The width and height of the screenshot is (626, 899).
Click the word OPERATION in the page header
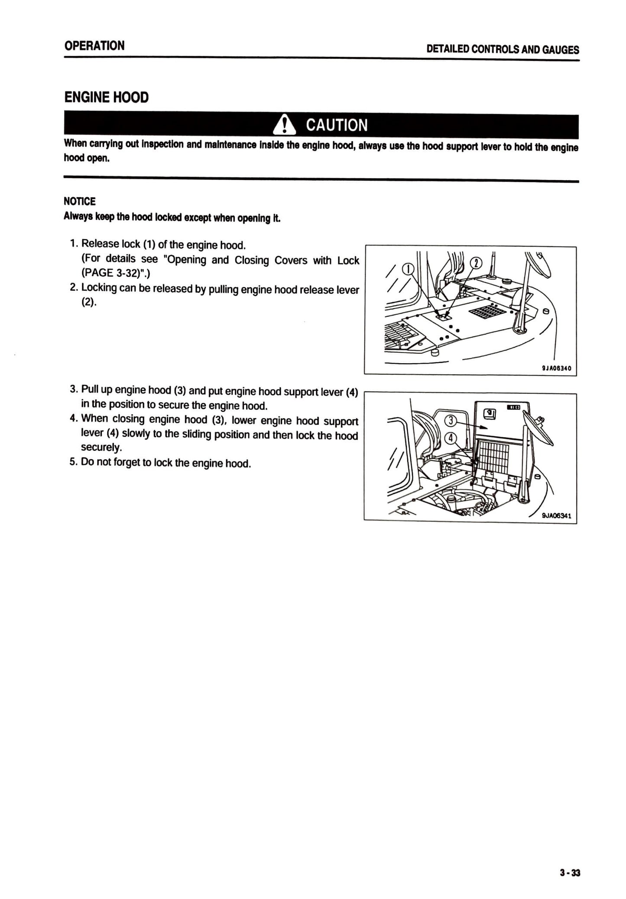pos(94,45)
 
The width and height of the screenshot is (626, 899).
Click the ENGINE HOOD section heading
pos(107,97)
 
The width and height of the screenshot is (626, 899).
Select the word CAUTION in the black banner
pos(337,126)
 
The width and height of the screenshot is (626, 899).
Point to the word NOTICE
pos(80,201)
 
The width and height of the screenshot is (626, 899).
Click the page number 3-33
pos(569,873)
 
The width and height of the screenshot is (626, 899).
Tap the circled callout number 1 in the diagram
pos(408,269)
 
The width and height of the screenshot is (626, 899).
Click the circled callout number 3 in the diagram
pos(451,420)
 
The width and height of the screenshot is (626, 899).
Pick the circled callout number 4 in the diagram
pos(451,438)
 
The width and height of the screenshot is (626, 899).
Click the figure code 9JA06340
pos(556,368)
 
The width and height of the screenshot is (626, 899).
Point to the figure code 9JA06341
pos(556,516)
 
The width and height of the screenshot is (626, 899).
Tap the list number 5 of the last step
pos(73,462)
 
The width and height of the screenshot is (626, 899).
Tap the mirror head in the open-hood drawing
pos(537,428)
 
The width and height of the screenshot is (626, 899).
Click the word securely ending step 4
pos(101,447)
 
